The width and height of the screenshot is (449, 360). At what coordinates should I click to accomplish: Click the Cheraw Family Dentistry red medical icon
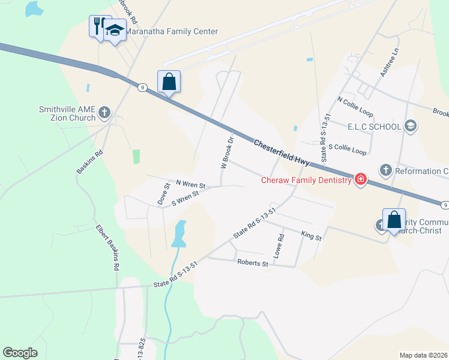point(360,179)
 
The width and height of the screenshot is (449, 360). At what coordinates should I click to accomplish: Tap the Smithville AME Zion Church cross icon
point(104,112)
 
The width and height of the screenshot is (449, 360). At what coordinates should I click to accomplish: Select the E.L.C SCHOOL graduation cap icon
point(411,126)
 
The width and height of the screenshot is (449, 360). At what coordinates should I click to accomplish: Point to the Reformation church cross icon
point(385,171)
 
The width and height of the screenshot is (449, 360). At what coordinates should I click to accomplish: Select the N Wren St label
point(190,184)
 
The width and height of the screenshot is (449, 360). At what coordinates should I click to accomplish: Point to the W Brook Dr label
point(226,152)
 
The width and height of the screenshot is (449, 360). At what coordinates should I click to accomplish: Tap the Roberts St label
point(253,263)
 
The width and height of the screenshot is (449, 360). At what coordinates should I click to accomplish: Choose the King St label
point(312,238)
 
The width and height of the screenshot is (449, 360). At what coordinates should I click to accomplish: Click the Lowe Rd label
point(278,246)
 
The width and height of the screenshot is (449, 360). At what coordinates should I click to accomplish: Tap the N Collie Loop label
point(355,107)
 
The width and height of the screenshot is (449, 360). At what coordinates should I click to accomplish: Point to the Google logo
point(20,353)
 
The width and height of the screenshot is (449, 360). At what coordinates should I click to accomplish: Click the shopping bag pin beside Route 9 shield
point(169,81)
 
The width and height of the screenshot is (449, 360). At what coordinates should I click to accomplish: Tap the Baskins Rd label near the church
point(90,162)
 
